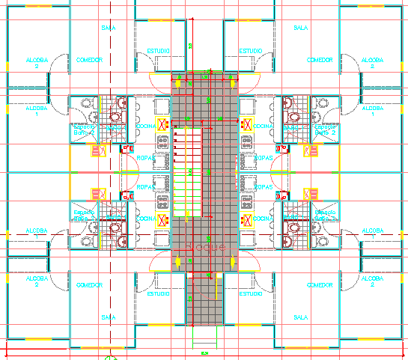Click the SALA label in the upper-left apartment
pyautogui.click(x=108, y=28)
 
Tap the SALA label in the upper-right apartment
pyautogui.click(x=301, y=28)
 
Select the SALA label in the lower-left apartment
pyautogui.click(x=108, y=317)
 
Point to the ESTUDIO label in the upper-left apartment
pyautogui.click(x=158, y=51)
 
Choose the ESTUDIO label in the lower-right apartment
pyautogui.click(x=250, y=294)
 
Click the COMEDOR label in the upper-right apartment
pyautogui.click(x=320, y=60)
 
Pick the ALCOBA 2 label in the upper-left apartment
pyautogui.click(x=36, y=63)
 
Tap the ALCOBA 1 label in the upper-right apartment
pyautogui.click(x=371, y=111)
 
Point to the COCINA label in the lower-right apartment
pyautogui.click(x=262, y=219)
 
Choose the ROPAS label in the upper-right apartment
pyautogui.click(x=263, y=158)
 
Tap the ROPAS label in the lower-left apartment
pyautogui.click(x=146, y=188)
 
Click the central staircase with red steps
pyautogui.click(x=189, y=172)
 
